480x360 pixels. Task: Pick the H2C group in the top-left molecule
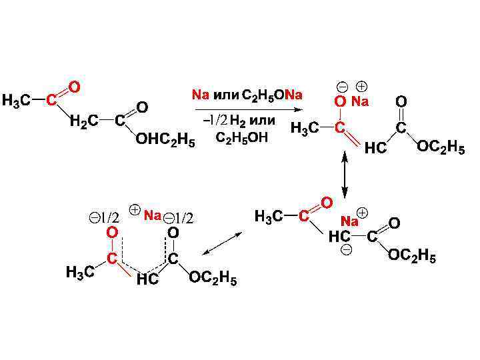coord(85,121)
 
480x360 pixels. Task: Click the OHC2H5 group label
coord(165,141)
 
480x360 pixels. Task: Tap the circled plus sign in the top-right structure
coord(361,87)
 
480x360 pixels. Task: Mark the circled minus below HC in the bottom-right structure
coord(346,249)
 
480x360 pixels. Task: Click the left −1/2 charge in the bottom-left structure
coord(105,217)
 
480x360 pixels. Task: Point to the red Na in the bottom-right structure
coord(349,221)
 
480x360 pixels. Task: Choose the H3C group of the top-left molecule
coord(16,101)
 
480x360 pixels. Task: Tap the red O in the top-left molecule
coord(75,87)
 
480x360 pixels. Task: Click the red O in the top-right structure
coord(340,101)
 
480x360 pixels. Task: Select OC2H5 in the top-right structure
coord(441,147)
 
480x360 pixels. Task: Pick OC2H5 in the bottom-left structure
coord(213,278)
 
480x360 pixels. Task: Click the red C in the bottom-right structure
coord(303,215)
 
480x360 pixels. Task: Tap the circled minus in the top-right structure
coord(341,87)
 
